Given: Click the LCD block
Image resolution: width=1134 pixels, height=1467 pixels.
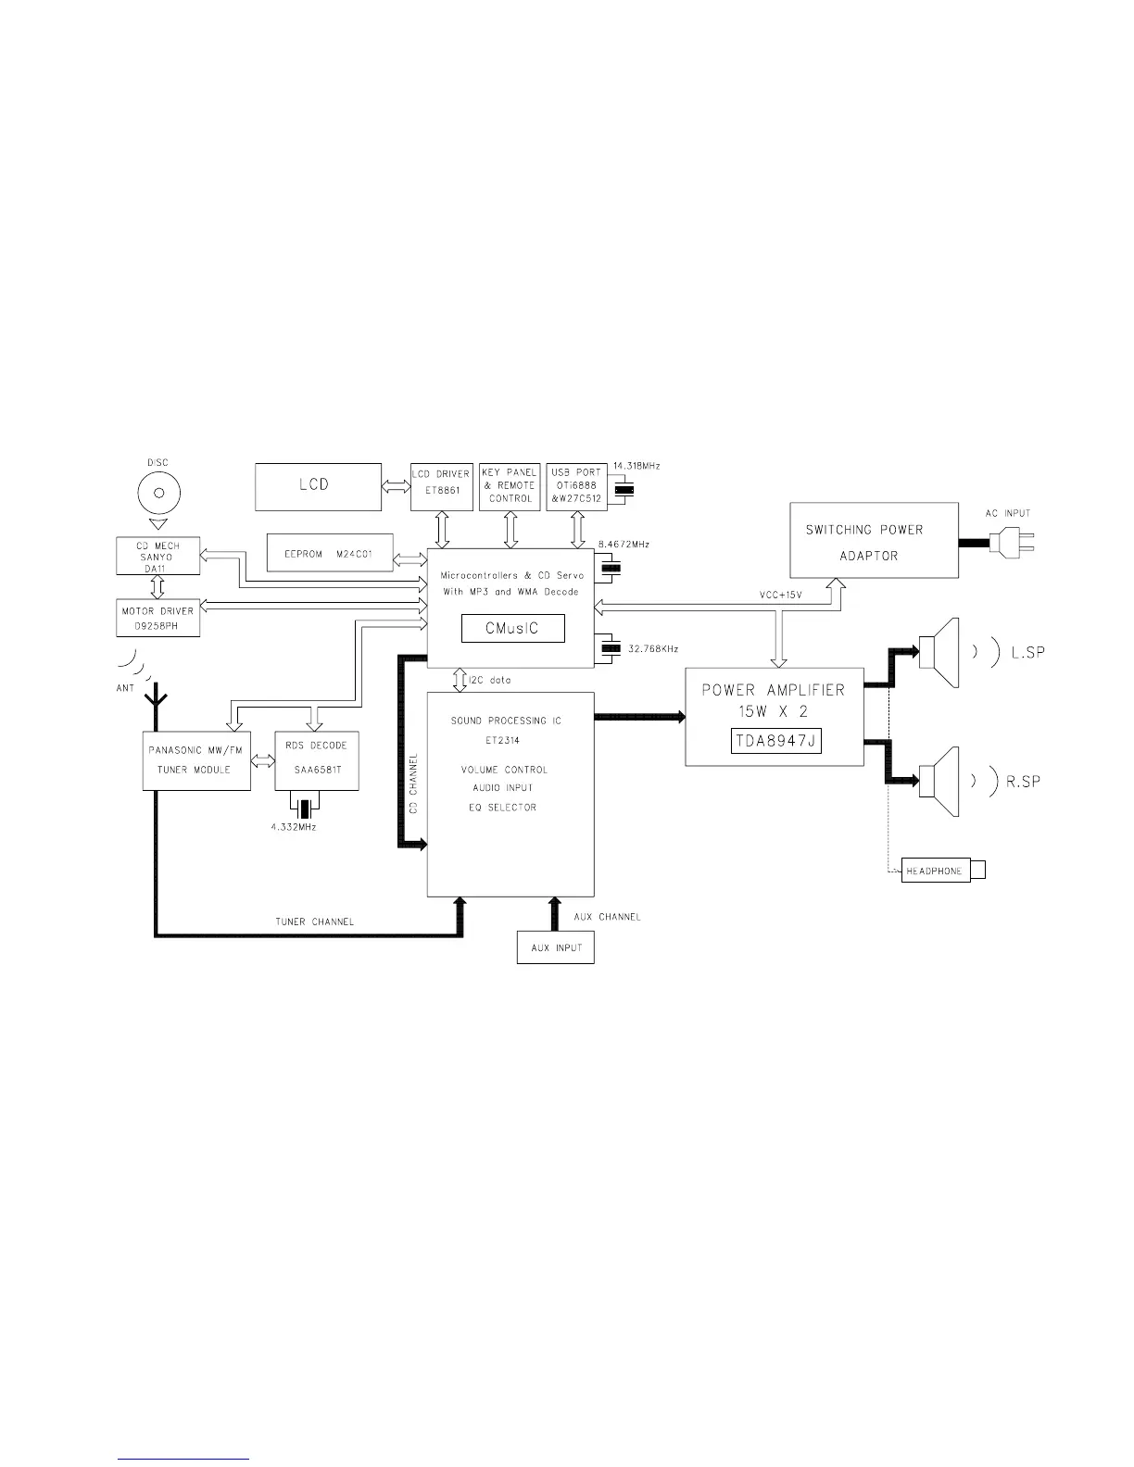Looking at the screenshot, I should tap(318, 486).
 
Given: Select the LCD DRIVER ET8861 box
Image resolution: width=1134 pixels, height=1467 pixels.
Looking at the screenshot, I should tap(441, 486).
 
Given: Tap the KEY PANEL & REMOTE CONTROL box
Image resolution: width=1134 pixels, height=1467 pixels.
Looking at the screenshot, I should tap(510, 486).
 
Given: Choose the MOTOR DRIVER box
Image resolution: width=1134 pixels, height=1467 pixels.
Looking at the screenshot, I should tap(158, 617).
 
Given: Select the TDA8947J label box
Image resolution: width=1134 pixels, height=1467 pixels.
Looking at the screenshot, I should tap(774, 740).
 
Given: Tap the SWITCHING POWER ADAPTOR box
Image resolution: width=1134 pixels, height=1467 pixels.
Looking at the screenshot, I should tap(874, 542).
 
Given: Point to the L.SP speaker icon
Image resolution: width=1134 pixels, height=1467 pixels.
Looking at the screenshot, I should tap(939, 653).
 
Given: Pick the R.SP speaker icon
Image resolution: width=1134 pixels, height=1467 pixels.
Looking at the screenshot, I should tap(939, 782).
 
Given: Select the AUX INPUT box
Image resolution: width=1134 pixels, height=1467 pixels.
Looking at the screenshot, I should tap(556, 948).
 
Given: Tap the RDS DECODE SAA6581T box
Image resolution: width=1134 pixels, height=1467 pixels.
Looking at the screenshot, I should tap(317, 760).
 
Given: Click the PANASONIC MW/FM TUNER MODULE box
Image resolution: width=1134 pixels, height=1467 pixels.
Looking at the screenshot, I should tap(196, 760).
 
